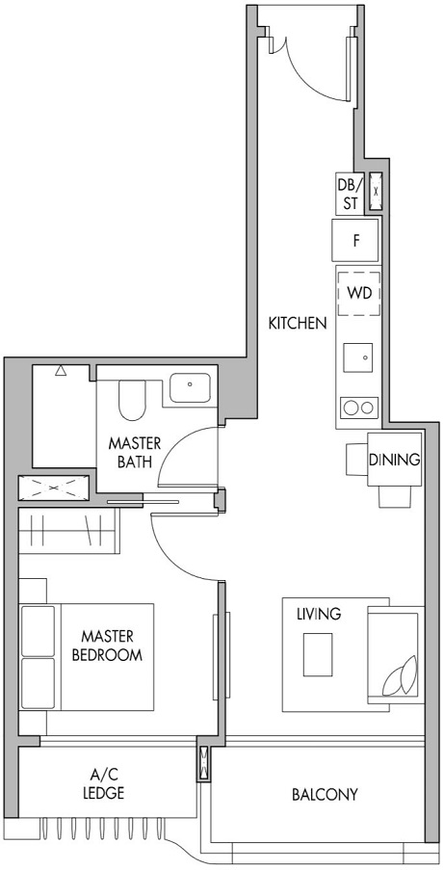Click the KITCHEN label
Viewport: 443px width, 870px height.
(298, 323)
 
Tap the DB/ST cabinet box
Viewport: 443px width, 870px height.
(348, 194)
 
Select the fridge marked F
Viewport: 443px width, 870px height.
(355, 240)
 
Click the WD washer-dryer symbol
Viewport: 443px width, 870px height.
(359, 291)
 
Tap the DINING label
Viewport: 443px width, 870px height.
(395, 460)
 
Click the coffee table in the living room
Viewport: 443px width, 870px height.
(318, 655)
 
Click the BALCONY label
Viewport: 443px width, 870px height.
(325, 795)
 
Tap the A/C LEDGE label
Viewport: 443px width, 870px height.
(107, 784)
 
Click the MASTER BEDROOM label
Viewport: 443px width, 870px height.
(107, 646)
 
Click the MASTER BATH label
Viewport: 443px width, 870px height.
(134, 452)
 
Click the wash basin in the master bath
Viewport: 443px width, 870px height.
(192, 386)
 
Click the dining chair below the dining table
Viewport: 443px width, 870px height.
(395, 495)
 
